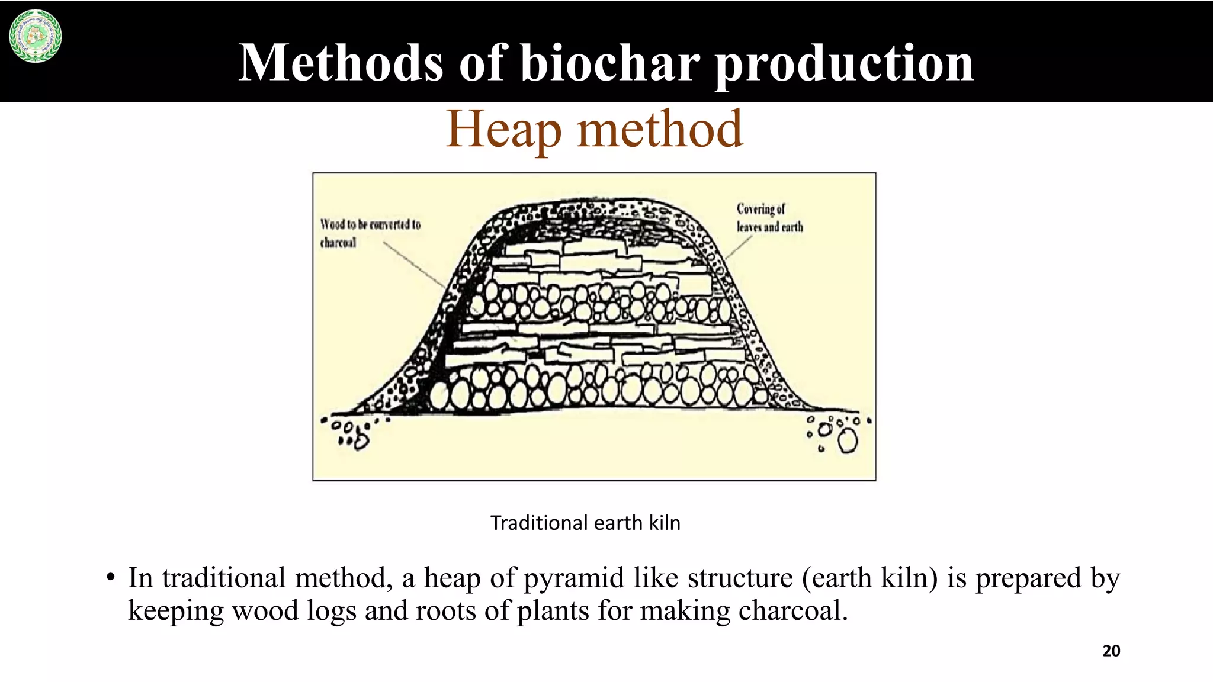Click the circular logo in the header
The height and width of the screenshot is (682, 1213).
36,36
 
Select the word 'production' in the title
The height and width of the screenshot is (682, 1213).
844,64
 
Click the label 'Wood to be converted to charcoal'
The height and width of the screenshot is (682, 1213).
370,233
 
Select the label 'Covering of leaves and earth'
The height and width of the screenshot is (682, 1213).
769,218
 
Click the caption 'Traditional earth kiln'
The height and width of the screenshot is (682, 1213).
585,523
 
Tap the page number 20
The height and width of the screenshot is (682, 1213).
1111,651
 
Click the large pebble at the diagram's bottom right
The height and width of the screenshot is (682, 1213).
848,441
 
